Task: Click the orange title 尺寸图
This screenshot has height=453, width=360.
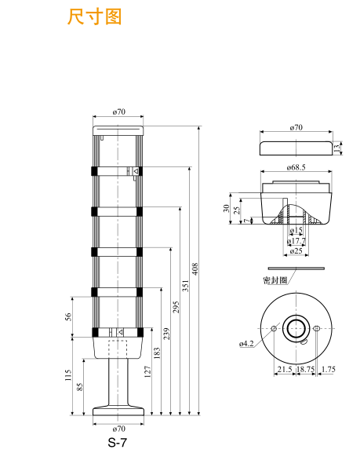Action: [x=95, y=16]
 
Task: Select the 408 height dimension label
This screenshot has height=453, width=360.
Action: [x=196, y=269]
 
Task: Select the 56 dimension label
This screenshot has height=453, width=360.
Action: [x=68, y=316]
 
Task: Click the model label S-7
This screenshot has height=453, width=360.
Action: [x=117, y=442]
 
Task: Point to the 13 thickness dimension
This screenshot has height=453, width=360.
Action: [x=336, y=147]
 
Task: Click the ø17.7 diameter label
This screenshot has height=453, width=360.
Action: [x=296, y=241]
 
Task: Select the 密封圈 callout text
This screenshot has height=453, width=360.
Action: [x=275, y=279]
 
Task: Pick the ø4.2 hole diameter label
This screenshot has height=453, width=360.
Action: [x=246, y=343]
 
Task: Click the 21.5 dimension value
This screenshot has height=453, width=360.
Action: [x=283, y=368]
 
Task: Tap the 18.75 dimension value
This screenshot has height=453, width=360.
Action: [x=305, y=368]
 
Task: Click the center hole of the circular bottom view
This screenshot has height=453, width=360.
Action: [x=296, y=327]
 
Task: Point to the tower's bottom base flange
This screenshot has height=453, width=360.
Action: [x=119, y=411]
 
